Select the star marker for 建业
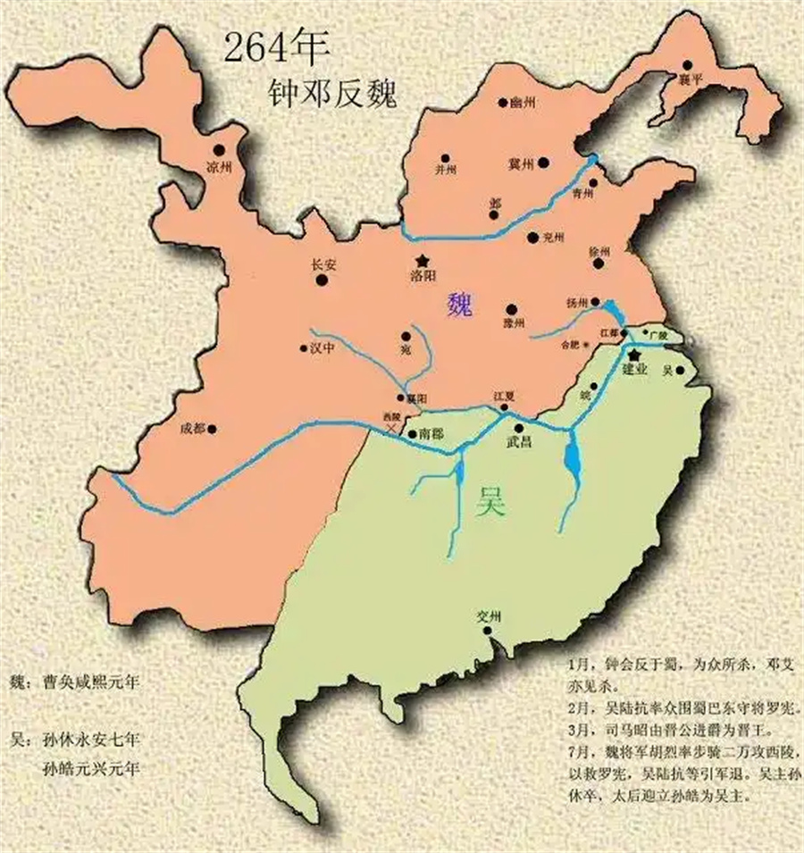(x=635, y=355)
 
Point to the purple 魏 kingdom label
(x=463, y=306)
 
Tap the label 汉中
(x=322, y=349)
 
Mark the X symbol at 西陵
(x=394, y=430)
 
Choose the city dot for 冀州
(x=544, y=163)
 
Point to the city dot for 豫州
(x=512, y=308)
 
